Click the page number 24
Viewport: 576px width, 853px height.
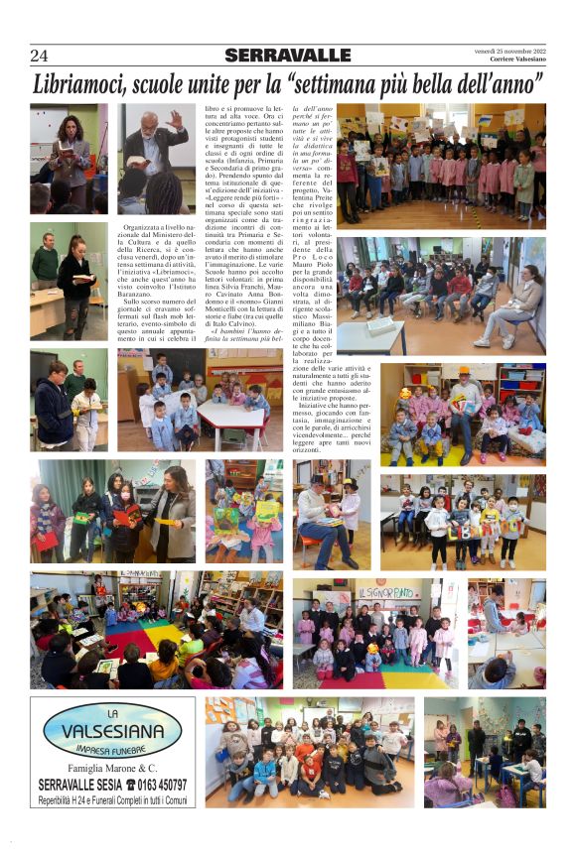click(x=39, y=56)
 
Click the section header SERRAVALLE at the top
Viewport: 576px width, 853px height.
click(x=287, y=56)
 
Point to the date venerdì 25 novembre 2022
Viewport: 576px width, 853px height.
click(x=509, y=52)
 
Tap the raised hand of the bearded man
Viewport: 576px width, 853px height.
click(x=175, y=119)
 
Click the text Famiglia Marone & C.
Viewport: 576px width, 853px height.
click(x=112, y=768)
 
